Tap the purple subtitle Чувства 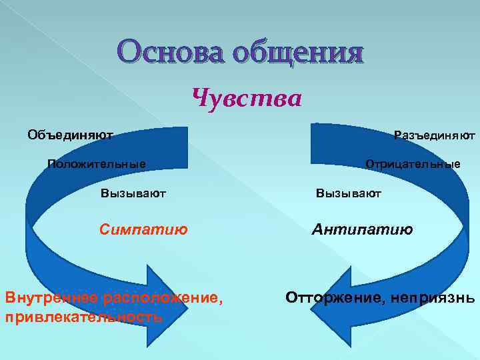click(247, 99)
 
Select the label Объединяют click(70, 135)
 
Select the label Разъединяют click(434, 135)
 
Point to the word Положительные click(97, 164)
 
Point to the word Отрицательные click(412, 164)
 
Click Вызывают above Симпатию click(133, 193)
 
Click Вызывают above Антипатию click(349, 193)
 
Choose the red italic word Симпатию click(143, 230)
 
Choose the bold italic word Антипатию click(363, 230)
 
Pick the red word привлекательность click(83, 317)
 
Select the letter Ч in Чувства click(200, 99)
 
